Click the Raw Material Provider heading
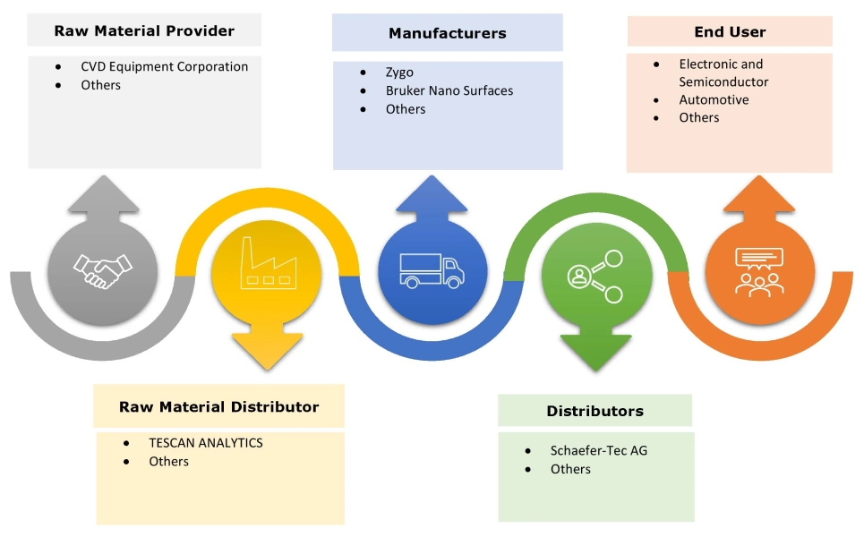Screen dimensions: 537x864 [x=144, y=30]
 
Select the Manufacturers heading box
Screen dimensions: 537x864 [x=447, y=33]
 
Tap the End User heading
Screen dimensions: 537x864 [x=730, y=31]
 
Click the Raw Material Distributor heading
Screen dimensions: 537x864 [x=218, y=406]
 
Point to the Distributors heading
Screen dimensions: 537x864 [x=595, y=411]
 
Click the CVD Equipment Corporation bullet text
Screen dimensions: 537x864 [x=164, y=66]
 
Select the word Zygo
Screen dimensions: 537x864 [x=399, y=72]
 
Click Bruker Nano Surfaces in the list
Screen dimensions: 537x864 [x=449, y=90]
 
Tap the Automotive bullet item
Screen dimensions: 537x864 [x=714, y=99]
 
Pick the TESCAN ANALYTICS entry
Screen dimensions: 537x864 [x=206, y=442]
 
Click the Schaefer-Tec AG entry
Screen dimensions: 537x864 [x=598, y=450]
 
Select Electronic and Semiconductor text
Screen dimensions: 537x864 [x=723, y=72]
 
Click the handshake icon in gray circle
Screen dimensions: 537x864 [x=103, y=268]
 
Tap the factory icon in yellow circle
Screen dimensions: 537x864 [x=267, y=268]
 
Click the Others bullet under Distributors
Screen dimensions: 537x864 [x=570, y=469]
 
